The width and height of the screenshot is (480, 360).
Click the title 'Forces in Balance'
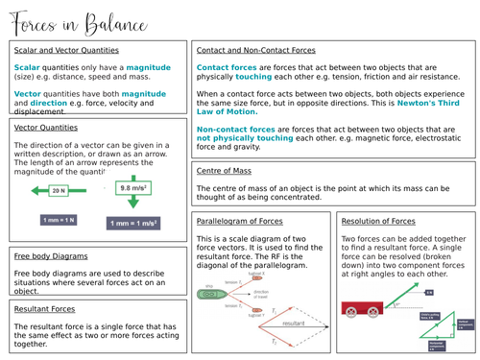[68, 19]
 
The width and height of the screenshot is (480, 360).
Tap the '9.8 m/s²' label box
[133, 189]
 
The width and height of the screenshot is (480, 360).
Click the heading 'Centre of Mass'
[225, 171]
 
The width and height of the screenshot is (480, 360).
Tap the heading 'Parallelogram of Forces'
[237, 220]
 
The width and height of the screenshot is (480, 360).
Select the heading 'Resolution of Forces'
[378, 220]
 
